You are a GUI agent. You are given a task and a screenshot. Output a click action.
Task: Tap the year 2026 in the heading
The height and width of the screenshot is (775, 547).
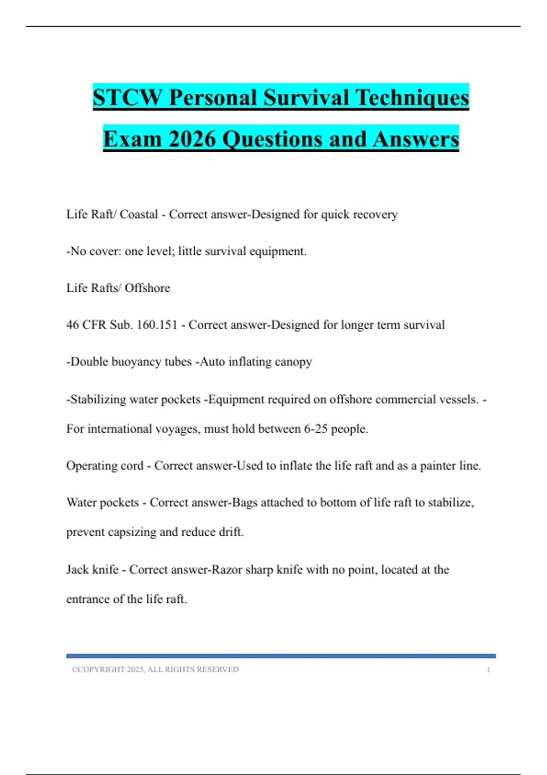(x=191, y=139)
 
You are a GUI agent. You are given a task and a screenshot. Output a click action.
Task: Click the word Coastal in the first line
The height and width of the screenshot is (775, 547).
(x=139, y=214)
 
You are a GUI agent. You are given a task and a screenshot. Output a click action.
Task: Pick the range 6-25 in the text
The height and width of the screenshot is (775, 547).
(x=315, y=429)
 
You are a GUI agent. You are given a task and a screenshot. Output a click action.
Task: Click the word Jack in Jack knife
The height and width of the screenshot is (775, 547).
(x=77, y=569)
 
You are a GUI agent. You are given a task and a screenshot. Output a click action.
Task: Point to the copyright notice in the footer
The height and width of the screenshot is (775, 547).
(x=155, y=669)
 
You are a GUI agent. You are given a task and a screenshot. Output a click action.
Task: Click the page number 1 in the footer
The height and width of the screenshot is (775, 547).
(x=488, y=669)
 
